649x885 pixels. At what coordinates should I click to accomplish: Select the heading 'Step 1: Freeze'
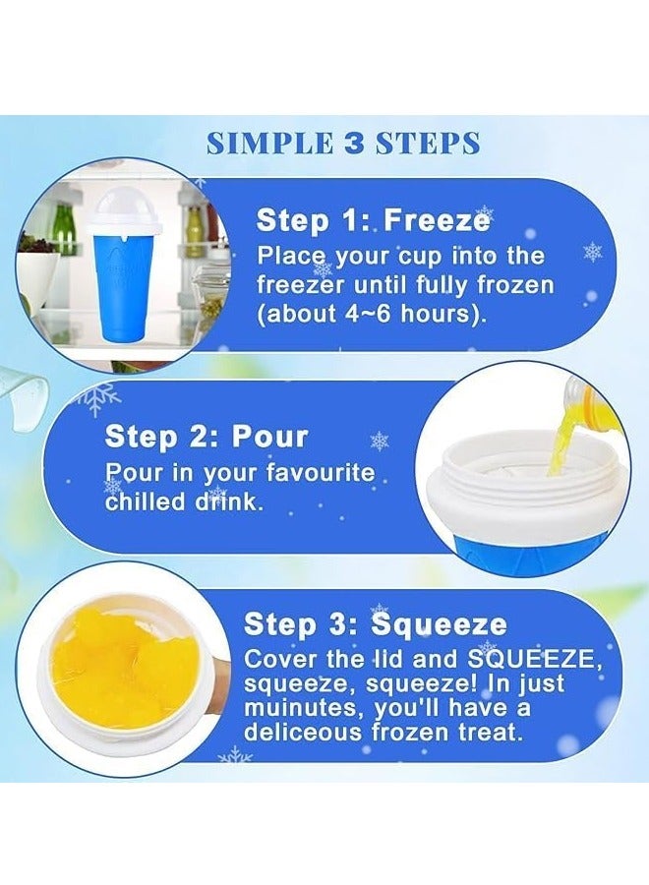[x=373, y=219]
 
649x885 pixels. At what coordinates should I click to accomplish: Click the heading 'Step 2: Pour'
[x=206, y=436]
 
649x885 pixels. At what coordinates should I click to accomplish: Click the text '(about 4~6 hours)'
[x=370, y=317]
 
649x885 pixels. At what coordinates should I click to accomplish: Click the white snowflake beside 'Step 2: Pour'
[x=379, y=442]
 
